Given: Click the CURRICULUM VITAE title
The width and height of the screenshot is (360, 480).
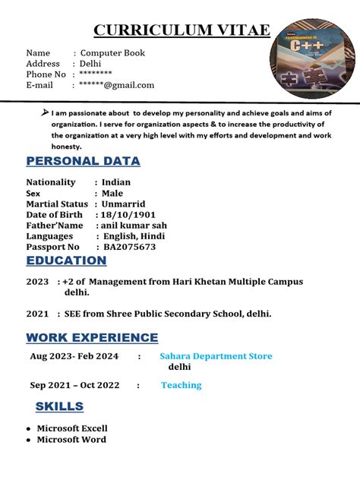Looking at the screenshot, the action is (x=181, y=30).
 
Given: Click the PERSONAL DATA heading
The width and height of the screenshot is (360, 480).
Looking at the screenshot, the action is (x=83, y=161).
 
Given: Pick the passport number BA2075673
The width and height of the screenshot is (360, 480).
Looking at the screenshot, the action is (x=129, y=247).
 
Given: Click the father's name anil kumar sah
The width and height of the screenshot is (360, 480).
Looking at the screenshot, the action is (x=131, y=226).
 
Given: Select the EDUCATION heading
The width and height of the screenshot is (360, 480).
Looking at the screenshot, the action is (x=66, y=261).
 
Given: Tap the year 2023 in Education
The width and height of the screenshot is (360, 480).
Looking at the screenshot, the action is (x=37, y=282).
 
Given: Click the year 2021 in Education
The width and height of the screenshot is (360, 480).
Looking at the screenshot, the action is (x=37, y=314).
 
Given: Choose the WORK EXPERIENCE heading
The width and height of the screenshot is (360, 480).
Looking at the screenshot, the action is (x=92, y=337).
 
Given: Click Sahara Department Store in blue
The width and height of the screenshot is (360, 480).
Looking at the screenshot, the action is (x=216, y=356).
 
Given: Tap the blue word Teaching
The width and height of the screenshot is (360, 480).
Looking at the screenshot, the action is (x=181, y=385).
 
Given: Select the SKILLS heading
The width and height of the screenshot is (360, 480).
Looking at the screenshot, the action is (x=59, y=407).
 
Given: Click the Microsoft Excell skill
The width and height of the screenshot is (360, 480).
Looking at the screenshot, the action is (x=72, y=428).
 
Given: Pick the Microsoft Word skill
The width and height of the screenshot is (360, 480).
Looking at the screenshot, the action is (x=71, y=440).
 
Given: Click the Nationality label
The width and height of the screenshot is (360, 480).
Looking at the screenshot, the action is (x=51, y=182).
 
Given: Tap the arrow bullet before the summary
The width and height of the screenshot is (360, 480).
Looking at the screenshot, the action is (x=44, y=112).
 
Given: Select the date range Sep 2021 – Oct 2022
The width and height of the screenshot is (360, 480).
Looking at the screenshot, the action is (x=75, y=385).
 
